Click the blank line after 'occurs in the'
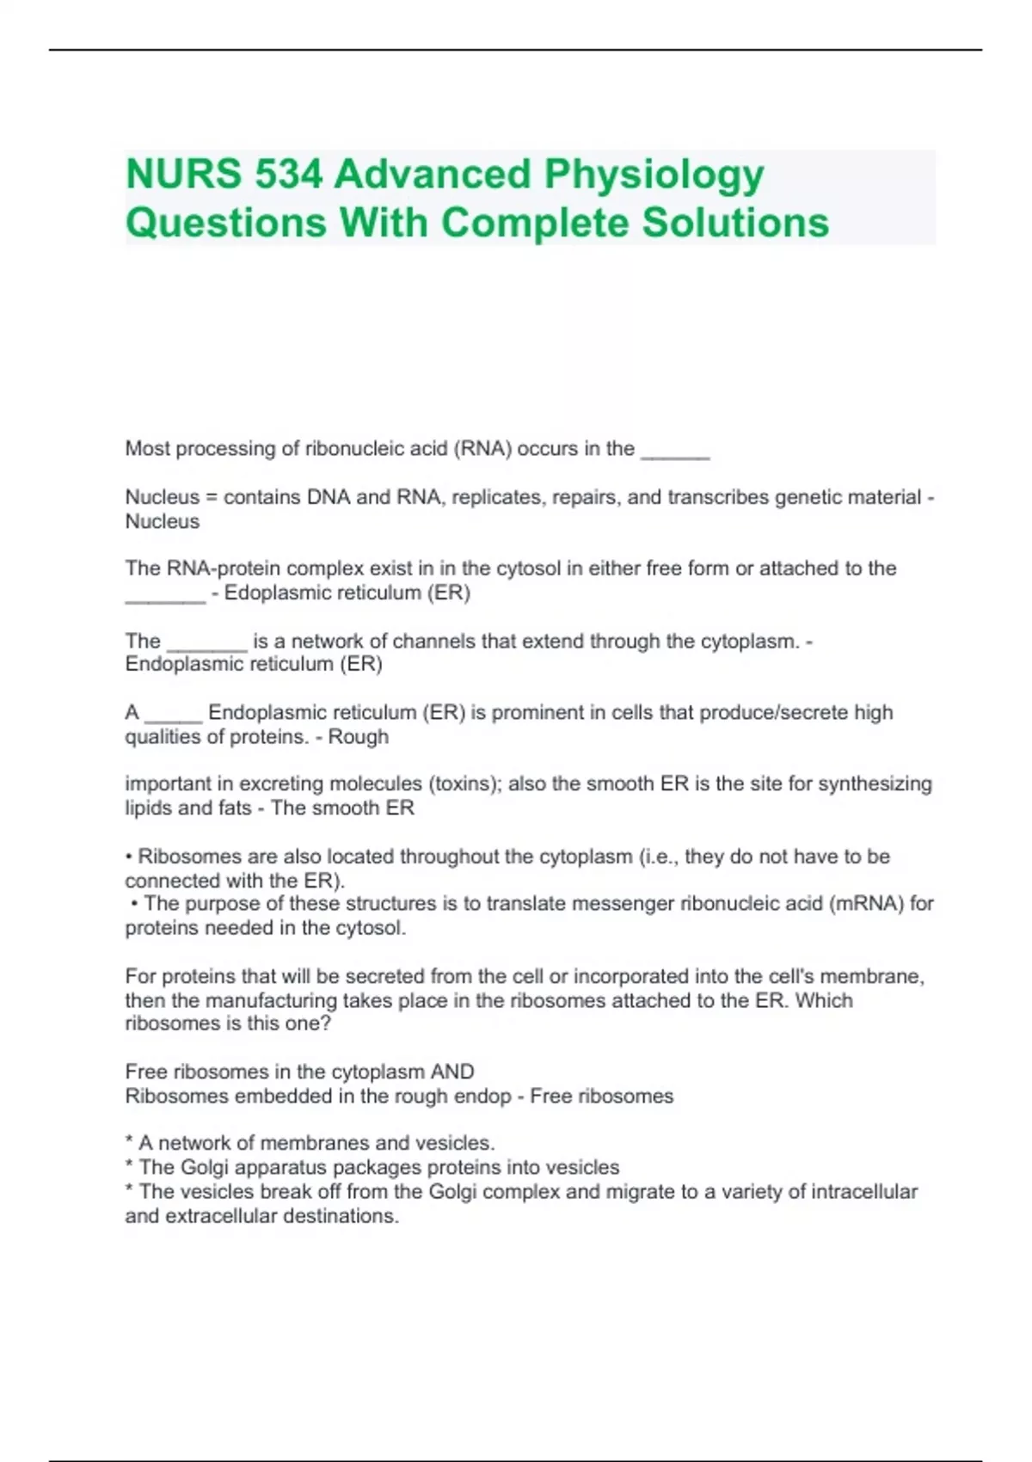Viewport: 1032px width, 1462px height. click(x=675, y=451)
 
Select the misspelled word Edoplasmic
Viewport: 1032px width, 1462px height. click(x=273, y=593)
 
